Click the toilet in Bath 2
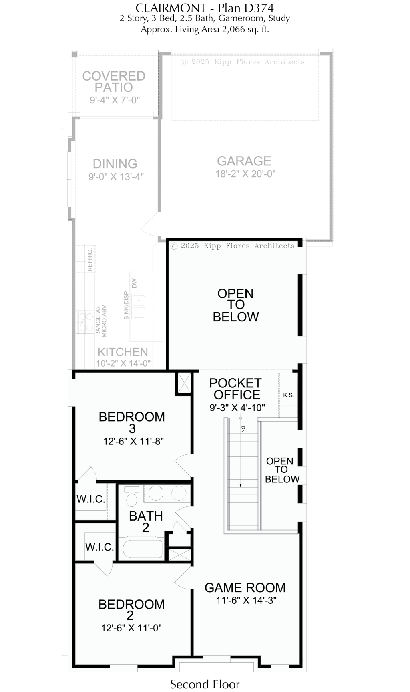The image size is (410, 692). (131, 496)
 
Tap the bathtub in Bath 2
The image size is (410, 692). (143, 549)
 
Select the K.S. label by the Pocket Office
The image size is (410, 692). (288, 395)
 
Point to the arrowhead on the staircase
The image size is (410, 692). (241, 485)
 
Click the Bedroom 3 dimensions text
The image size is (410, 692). (133, 442)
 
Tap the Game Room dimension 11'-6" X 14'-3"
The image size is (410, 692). (247, 600)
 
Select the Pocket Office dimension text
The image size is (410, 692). (237, 408)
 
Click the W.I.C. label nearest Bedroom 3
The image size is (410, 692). (91, 499)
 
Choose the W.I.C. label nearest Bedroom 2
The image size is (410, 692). (100, 547)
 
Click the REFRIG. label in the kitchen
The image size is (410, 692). (90, 260)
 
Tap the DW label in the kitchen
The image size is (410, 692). (134, 283)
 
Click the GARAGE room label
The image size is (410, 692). (244, 161)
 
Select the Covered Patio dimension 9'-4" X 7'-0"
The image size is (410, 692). (115, 100)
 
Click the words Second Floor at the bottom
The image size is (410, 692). (205, 684)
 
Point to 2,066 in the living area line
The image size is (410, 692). (233, 29)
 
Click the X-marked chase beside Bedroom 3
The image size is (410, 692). (184, 383)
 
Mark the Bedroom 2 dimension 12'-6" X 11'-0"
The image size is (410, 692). (131, 628)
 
